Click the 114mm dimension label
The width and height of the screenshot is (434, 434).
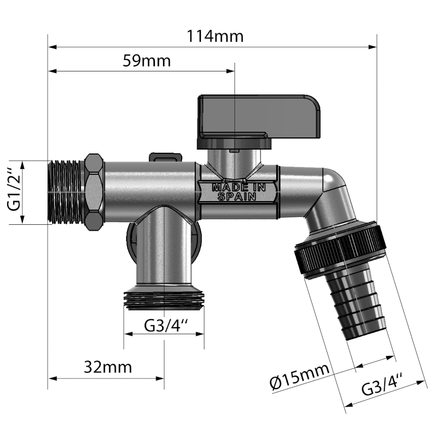[x=215, y=36]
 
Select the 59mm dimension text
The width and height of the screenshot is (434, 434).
[x=147, y=61]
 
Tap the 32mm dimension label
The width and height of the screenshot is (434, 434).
[x=108, y=367]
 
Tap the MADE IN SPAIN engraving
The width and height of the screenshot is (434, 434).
[x=238, y=192]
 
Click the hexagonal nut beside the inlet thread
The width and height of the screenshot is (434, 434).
[x=95, y=192]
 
